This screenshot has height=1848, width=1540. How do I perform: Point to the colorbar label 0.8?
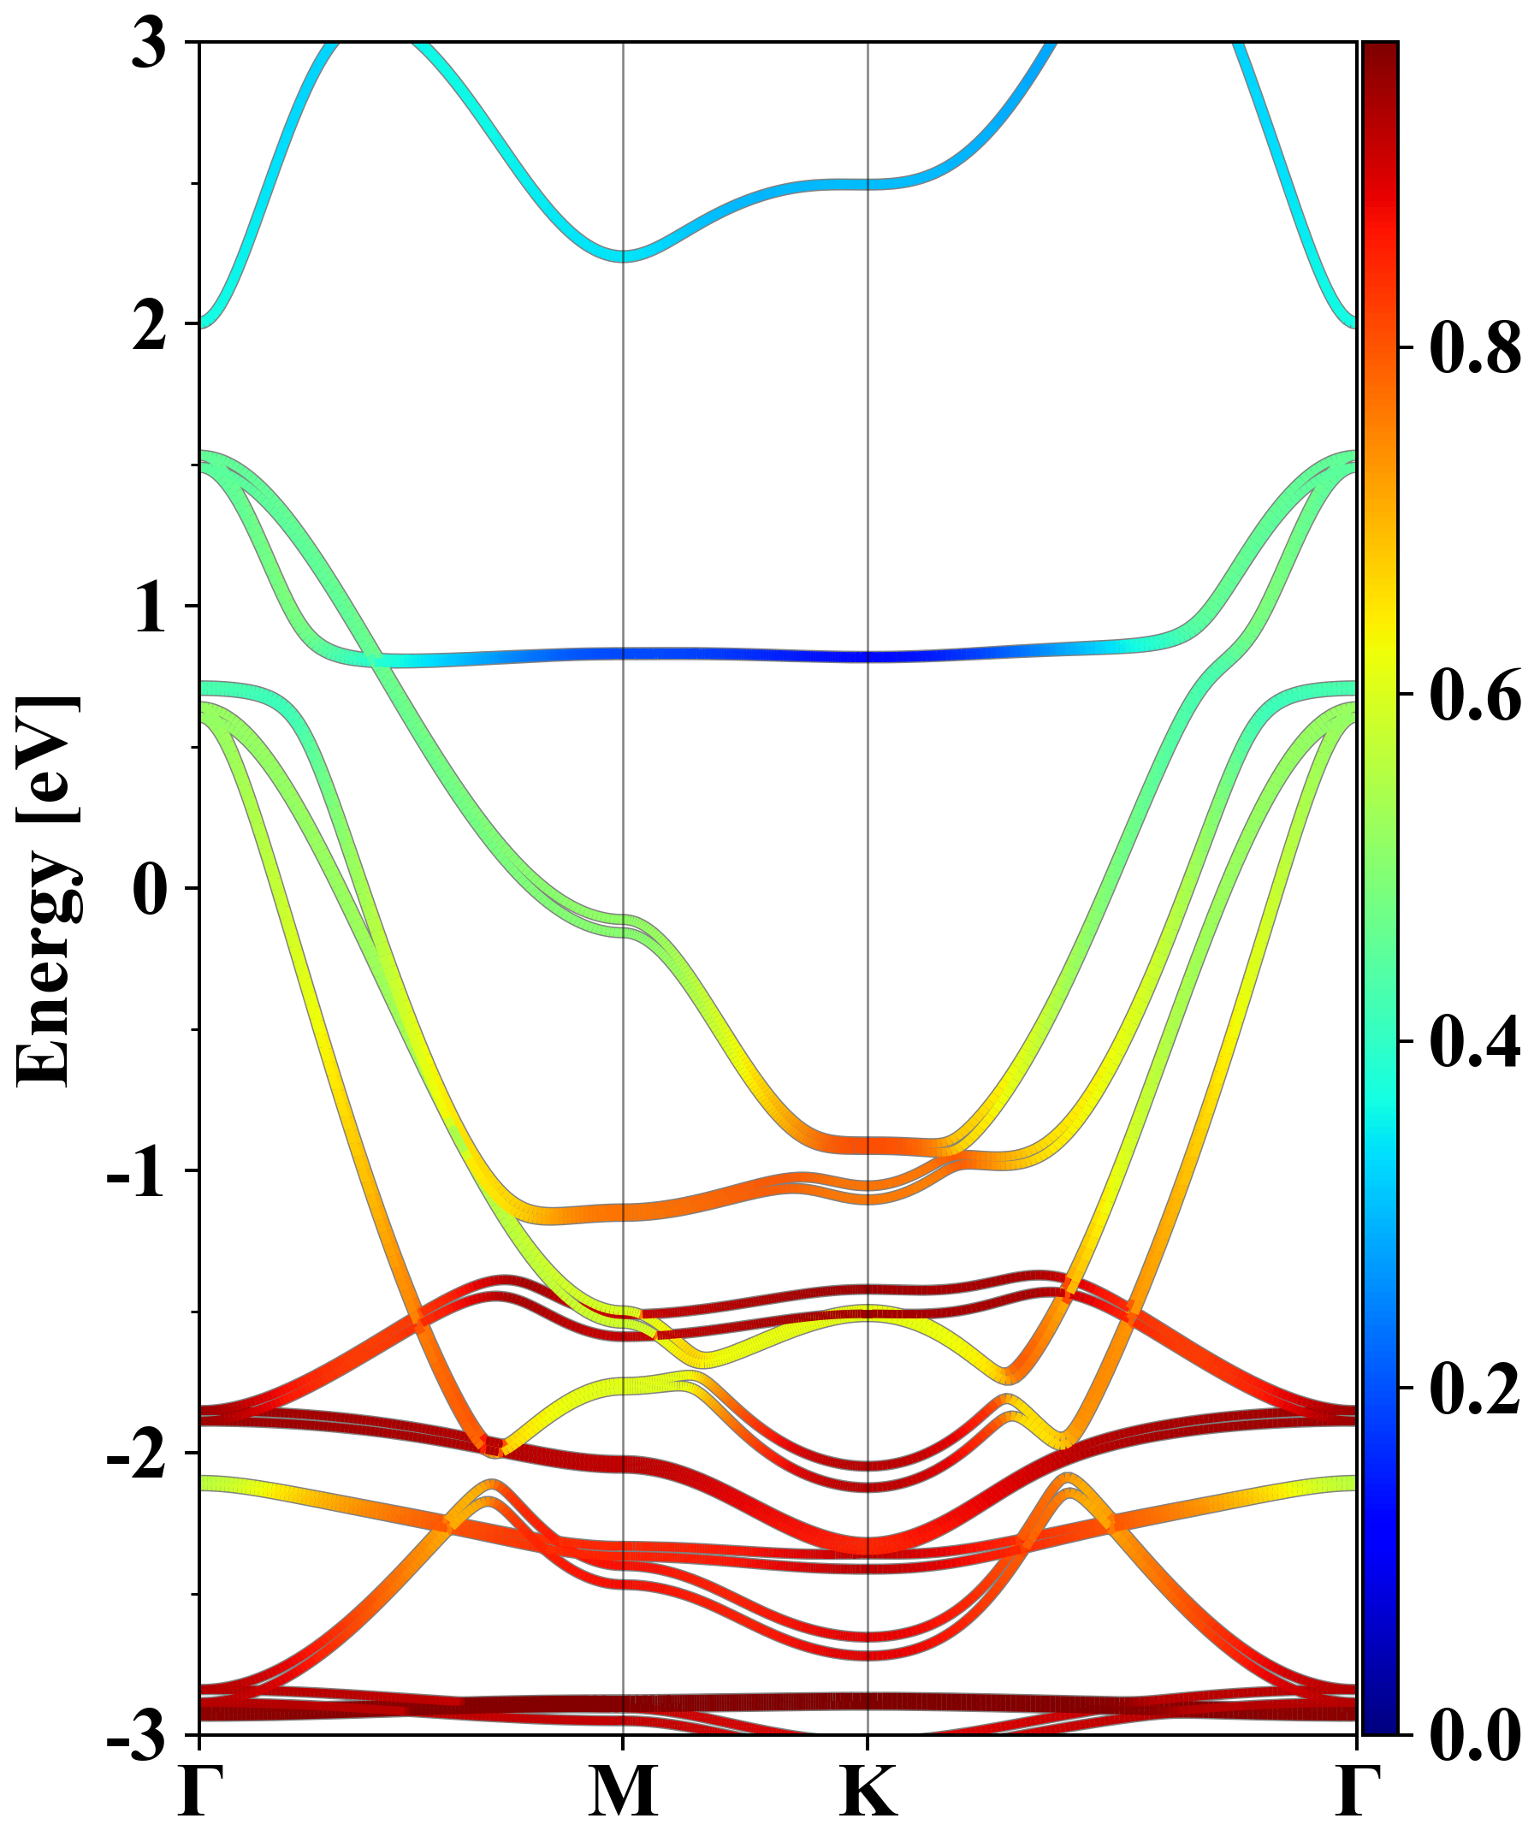1475,347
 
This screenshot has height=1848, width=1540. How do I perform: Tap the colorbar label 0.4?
1475,1042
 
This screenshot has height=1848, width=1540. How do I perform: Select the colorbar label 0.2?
1475,1389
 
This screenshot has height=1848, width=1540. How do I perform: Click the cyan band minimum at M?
623,256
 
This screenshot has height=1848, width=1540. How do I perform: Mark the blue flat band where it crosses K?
868,656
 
